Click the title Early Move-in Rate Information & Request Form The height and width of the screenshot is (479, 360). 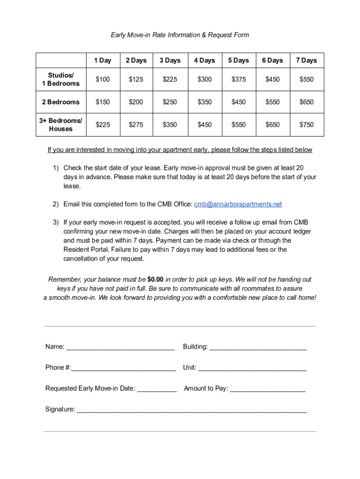(180, 35)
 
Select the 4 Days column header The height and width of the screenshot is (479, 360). (204, 60)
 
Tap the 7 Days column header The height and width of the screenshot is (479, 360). (306, 60)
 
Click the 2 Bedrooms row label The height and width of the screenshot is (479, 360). (61, 102)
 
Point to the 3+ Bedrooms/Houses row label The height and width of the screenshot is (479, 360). (61, 125)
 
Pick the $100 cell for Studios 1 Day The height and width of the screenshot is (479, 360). (102, 80)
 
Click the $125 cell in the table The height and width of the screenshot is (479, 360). (136, 80)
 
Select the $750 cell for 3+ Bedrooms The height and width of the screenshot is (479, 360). (306, 125)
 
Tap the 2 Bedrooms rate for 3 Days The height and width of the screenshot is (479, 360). (170, 102)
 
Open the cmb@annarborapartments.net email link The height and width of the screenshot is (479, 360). (238, 204)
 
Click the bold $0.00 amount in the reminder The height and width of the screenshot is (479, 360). (155, 280)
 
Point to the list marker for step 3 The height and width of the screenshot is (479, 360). (56, 222)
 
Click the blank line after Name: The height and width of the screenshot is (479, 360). (120, 348)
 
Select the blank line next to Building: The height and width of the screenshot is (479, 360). (258, 348)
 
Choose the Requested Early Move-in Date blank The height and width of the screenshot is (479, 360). (157, 389)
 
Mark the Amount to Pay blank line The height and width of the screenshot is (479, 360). (267, 389)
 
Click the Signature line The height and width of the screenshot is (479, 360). (192, 410)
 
